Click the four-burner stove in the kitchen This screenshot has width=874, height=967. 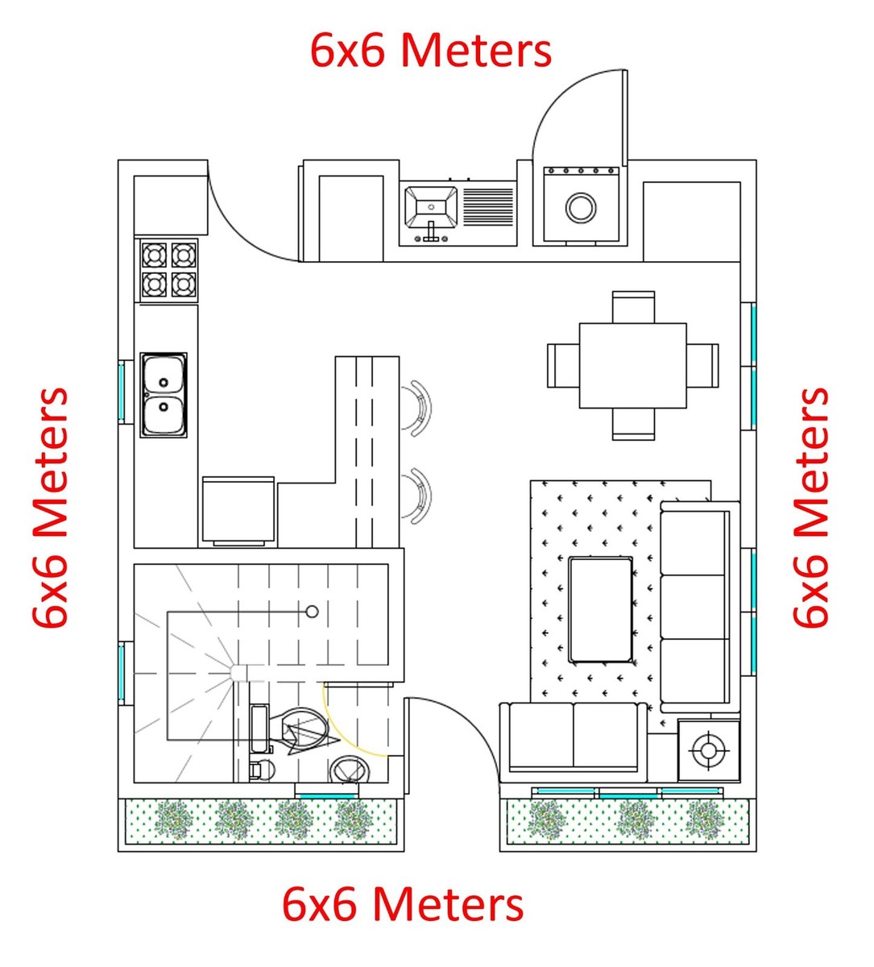tap(169, 270)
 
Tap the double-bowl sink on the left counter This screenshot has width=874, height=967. tap(164, 395)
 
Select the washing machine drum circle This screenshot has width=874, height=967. tap(580, 207)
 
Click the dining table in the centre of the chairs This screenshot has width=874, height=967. tap(632, 366)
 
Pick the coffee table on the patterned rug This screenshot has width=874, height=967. tap(600, 609)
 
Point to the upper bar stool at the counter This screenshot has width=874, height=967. tap(417, 408)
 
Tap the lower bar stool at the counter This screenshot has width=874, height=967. tap(418, 495)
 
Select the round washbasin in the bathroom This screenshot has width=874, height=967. tap(350, 770)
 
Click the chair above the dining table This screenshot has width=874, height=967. tap(633, 307)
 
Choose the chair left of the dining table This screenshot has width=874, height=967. tap(562, 365)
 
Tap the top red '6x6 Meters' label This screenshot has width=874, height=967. tap(431, 50)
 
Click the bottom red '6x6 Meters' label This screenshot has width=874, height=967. tap(403, 904)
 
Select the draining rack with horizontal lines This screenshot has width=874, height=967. tap(488, 207)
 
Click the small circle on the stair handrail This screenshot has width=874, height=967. tap(312, 612)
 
